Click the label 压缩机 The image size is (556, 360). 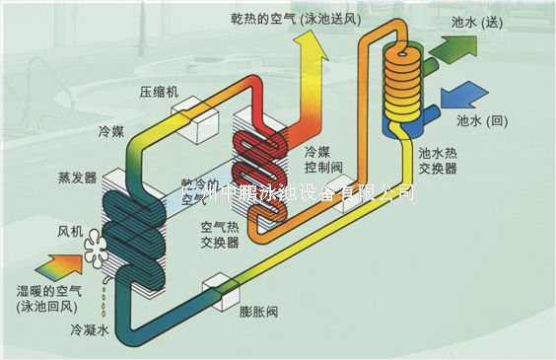(158, 91)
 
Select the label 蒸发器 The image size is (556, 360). (78, 179)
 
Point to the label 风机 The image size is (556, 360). (70, 232)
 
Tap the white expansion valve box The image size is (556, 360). (216, 290)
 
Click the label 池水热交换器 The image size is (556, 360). (438, 161)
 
